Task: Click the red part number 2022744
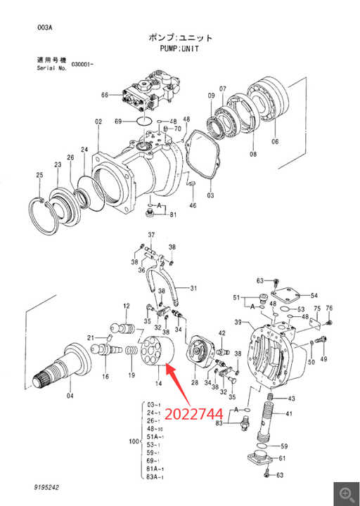pos(194,414)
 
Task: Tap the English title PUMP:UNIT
pos(179,48)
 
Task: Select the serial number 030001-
pos(82,64)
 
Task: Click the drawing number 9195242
pos(46,487)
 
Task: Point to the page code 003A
pos(44,27)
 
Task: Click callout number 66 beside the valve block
pos(105,95)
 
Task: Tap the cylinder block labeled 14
pos(157,351)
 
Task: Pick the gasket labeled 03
pos(202,155)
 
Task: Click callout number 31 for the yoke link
pos(193,288)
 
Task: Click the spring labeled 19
pos(131,351)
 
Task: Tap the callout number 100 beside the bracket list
pos(134,441)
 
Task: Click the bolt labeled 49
pos(320,340)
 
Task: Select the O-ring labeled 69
pos(144,122)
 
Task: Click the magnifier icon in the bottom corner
pos(346,494)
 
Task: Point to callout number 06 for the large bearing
pos(275,141)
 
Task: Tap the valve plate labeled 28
pos(201,351)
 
